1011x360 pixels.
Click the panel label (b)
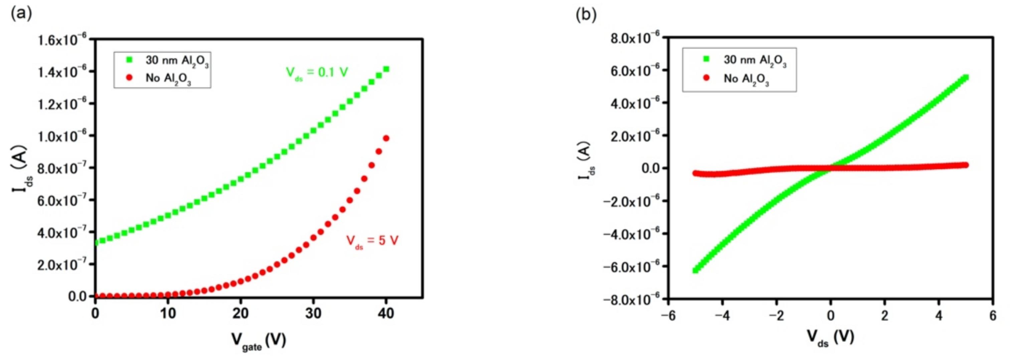pyautogui.click(x=586, y=14)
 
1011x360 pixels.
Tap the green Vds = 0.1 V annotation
pyautogui.click(x=317, y=73)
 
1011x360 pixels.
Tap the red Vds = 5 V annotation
pyautogui.click(x=372, y=241)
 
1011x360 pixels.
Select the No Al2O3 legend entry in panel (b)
pyautogui.click(x=738, y=79)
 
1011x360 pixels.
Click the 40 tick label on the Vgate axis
pyautogui.click(x=386, y=313)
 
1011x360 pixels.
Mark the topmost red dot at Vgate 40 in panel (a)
pyautogui.click(x=386, y=138)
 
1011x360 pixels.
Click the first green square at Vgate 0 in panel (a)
pyautogui.click(x=96, y=241)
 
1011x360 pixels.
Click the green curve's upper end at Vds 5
pyautogui.click(x=966, y=77)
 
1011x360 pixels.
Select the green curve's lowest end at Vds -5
pyautogui.click(x=695, y=270)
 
